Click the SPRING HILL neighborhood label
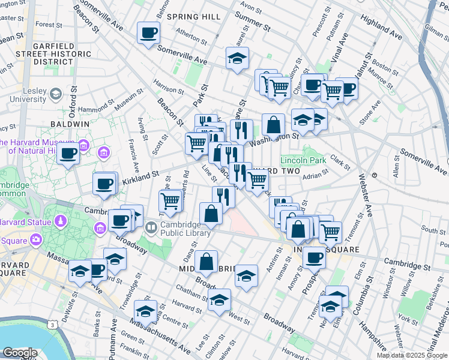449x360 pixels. (194, 17)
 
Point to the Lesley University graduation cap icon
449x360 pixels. (56, 94)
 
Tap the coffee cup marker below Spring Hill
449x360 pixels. (148, 33)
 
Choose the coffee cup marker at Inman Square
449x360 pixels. (314, 259)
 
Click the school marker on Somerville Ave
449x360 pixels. (238, 59)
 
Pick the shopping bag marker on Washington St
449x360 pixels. (273, 125)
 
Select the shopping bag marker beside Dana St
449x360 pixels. (206, 262)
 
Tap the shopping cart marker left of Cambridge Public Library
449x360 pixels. (171, 201)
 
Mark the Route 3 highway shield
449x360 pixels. (54, 325)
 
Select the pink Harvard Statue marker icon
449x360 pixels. (60, 222)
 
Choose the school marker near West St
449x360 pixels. (220, 299)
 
